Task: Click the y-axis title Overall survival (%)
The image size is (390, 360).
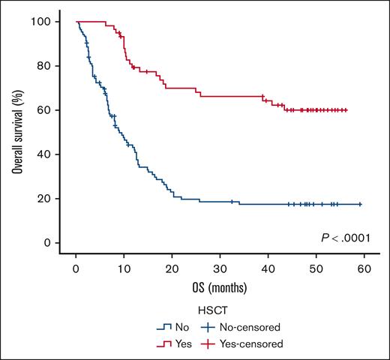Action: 16,132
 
